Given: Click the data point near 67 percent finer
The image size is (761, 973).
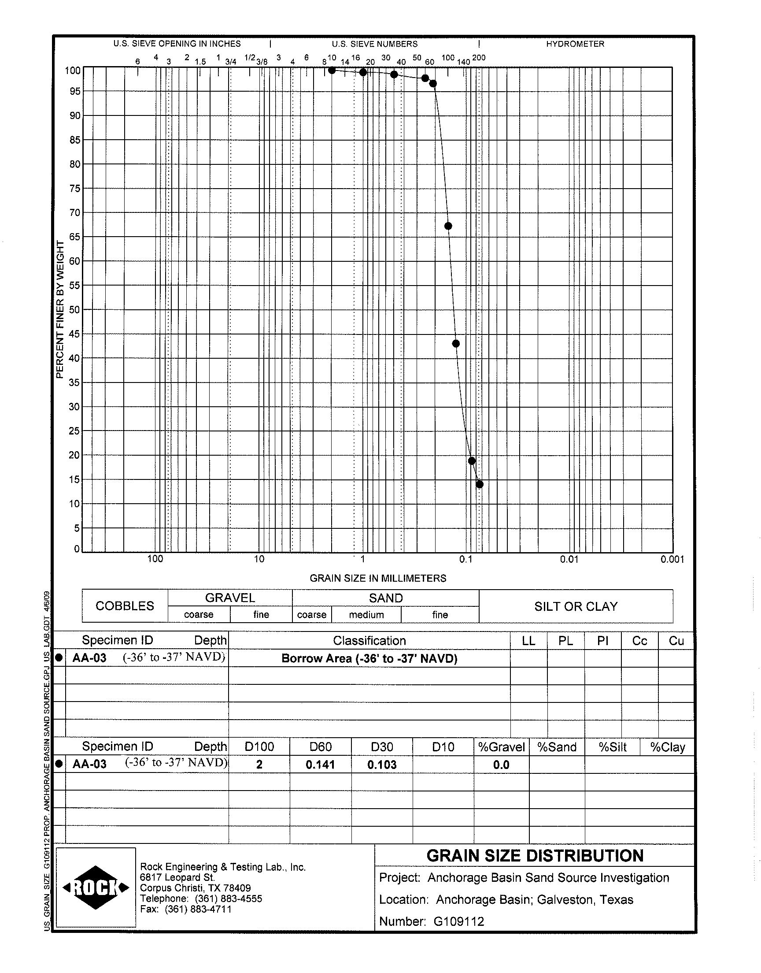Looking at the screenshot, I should pyautogui.click(x=448, y=226).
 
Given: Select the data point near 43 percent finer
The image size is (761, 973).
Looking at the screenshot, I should pyautogui.click(x=456, y=343).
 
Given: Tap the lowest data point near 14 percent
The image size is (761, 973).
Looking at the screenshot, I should pyautogui.click(x=480, y=484).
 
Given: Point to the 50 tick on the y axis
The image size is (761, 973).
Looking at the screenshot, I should pyautogui.click(x=74, y=309).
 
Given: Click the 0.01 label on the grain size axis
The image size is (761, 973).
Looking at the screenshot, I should pyautogui.click(x=569, y=559).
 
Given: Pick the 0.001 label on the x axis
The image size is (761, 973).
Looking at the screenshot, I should pyautogui.click(x=672, y=559).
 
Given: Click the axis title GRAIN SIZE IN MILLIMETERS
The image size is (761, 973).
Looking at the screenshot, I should pyautogui.click(x=378, y=578).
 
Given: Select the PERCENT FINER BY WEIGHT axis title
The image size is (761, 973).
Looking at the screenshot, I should pyautogui.click(x=60, y=309).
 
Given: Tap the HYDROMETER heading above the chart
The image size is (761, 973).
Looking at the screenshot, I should pyautogui.click(x=575, y=44).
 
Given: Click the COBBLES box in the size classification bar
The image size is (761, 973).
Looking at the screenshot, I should pyautogui.click(x=125, y=606).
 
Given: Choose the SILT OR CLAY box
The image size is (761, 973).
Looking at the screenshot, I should pyautogui.click(x=576, y=606).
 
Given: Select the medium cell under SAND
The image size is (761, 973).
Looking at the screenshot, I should pyautogui.click(x=366, y=615).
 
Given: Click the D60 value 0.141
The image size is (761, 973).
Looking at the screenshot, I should pyautogui.click(x=320, y=765).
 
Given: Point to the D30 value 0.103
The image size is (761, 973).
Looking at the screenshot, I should pyautogui.click(x=381, y=765).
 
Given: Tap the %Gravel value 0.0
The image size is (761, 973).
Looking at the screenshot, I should pyautogui.click(x=501, y=765).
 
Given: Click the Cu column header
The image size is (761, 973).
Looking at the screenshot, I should pyautogui.click(x=676, y=640).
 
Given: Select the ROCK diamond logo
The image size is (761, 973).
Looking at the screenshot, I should pyautogui.click(x=96, y=888).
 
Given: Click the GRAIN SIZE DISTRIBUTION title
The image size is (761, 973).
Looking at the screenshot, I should pyautogui.click(x=535, y=856).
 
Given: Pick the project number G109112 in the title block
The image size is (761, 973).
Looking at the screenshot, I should pyautogui.click(x=458, y=921).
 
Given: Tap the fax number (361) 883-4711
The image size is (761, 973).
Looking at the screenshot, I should pyautogui.click(x=198, y=909).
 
